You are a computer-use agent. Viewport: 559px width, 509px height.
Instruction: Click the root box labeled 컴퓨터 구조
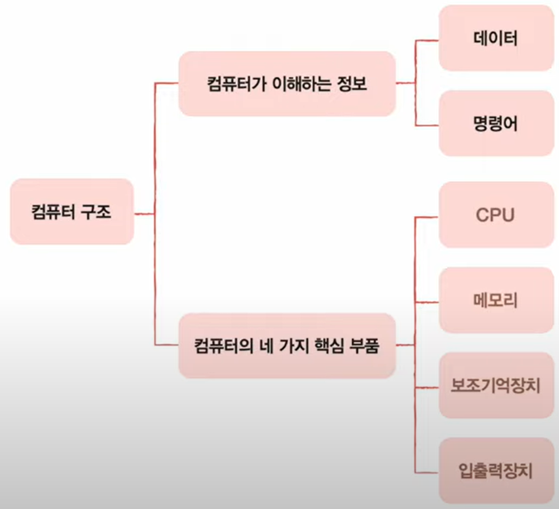pyautogui.click(x=72, y=212)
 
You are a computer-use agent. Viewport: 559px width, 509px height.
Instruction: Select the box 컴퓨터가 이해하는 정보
pyautogui.click(x=287, y=84)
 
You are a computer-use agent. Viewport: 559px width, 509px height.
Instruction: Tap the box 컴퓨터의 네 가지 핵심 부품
pyautogui.click(x=287, y=345)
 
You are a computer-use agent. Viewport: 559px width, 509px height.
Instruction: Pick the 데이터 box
pyautogui.click(x=495, y=39)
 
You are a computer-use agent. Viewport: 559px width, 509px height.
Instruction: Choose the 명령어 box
pyautogui.click(x=495, y=124)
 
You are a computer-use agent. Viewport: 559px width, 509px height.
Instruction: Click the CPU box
pyautogui.click(x=495, y=215)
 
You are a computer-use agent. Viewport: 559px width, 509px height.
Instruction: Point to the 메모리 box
pyautogui.click(x=495, y=300)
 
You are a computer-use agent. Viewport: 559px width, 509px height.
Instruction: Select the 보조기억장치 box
pyautogui.click(x=495, y=385)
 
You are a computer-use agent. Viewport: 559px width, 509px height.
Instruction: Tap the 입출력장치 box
pyautogui.click(x=495, y=470)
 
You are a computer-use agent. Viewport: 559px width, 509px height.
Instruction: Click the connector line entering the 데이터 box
pyautogui.click(x=427, y=40)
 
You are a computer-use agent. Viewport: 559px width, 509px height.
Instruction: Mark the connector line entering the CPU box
pyautogui.click(x=427, y=217)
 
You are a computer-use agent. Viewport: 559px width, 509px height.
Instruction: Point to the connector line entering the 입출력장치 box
pyautogui.click(x=427, y=472)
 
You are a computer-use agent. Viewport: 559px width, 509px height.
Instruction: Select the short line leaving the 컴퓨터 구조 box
pyautogui.click(x=144, y=213)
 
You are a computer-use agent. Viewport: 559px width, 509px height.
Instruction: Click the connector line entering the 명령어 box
pyautogui.click(x=427, y=125)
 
